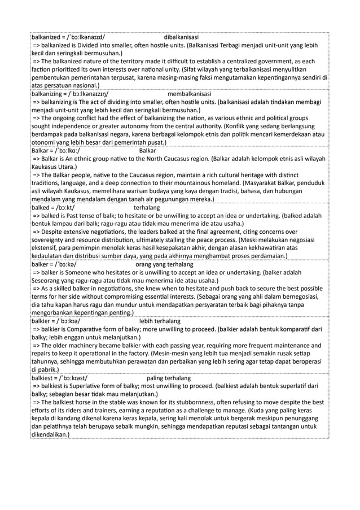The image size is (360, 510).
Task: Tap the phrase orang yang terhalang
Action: pyautogui.click(x=165, y=264)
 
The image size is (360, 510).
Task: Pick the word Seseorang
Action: pyautogui.click(x=47, y=280)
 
